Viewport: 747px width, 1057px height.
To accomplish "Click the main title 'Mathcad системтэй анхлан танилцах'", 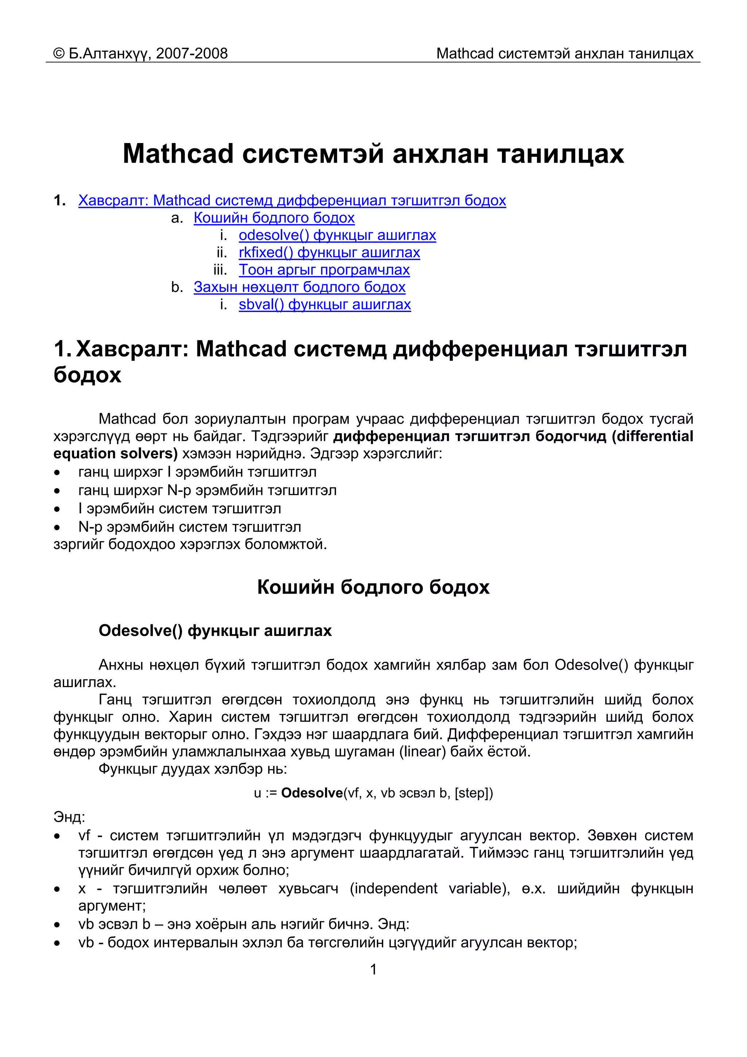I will (373, 153).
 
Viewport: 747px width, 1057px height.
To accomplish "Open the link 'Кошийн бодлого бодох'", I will (274, 218).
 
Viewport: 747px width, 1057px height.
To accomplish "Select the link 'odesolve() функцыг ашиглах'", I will (337, 235).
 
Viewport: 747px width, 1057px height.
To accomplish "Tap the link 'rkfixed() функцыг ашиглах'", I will (329, 252).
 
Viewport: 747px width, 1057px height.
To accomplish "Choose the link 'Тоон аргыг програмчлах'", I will (324, 270).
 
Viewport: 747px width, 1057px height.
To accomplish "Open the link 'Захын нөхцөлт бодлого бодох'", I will (299, 287).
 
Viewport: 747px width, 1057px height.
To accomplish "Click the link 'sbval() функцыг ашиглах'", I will (325, 305).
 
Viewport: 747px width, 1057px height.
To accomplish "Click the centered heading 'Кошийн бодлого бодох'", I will (373, 587).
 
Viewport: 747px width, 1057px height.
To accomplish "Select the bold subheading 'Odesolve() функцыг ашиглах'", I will (215, 630).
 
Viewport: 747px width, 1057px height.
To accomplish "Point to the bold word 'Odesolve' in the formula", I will (311, 793).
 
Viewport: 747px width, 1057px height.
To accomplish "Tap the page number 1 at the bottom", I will (373, 969).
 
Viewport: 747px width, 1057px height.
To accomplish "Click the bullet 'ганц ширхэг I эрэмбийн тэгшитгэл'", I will (197, 472).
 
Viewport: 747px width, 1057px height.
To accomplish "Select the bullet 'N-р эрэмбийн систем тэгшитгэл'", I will (190, 526).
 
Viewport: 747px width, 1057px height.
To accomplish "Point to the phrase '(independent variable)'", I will (429, 888).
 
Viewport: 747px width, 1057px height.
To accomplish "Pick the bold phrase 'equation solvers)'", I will (115, 454).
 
